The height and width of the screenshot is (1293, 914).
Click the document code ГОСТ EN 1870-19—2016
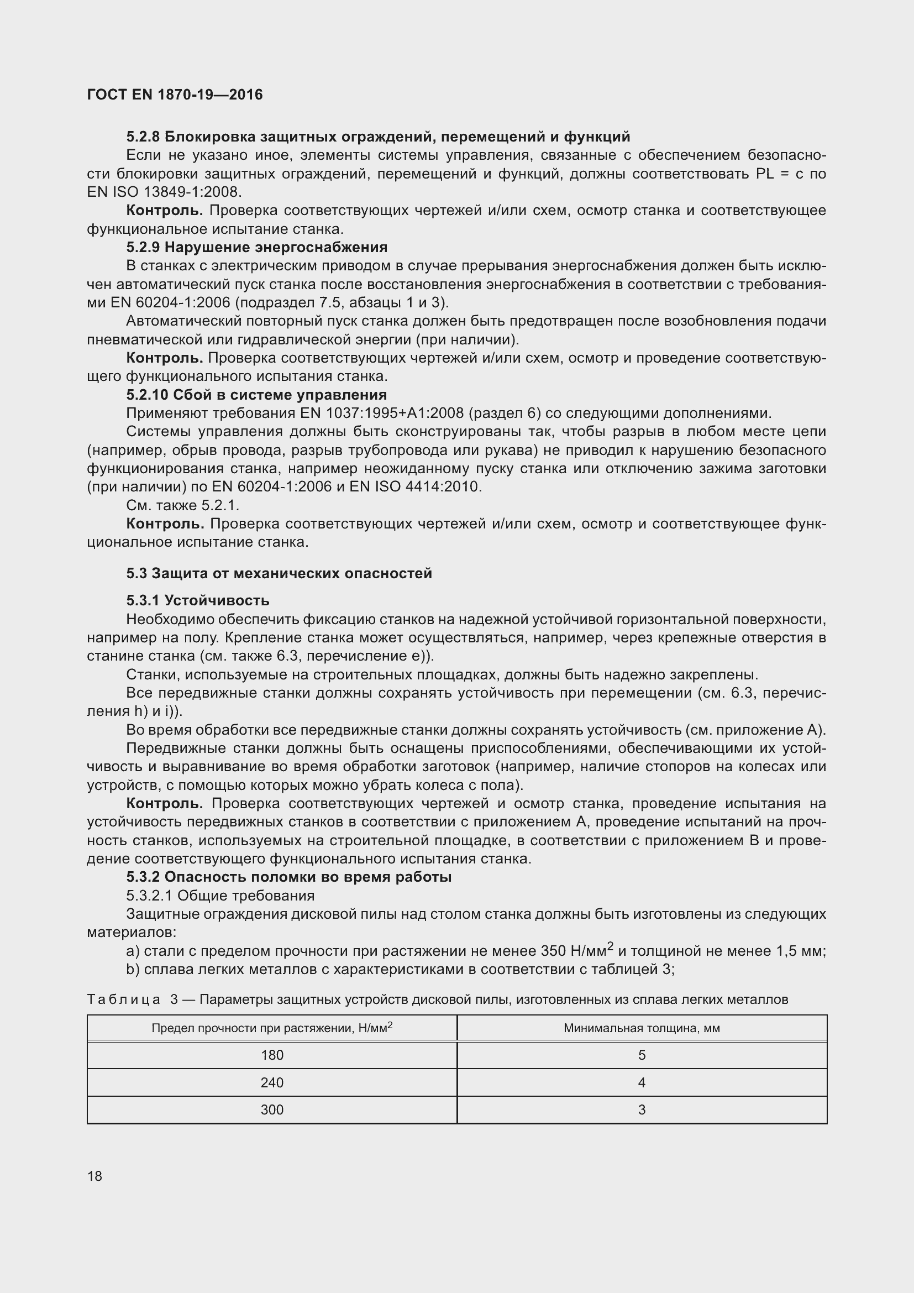[x=175, y=95]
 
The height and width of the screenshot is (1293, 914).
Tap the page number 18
[x=94, y=1176]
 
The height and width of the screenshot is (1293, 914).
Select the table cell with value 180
[x=272, y=1055]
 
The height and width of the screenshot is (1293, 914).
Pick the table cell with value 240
[x=272, y=1083]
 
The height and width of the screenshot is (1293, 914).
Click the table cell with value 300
[x=272, y=1110]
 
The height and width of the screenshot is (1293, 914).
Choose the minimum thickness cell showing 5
[x=642, y=1055]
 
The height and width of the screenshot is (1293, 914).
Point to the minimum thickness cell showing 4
[x=642, y=1083]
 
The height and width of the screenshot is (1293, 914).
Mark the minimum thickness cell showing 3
[x=642, y=1110]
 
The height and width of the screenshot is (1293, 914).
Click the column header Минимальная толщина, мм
[x=642, y=1028]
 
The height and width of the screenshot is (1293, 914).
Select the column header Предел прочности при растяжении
[x=272, y=1028]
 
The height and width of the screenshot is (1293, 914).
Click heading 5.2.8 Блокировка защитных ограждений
[x=377, y=137]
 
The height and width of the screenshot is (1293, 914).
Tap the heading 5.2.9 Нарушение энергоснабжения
[x=256, y=247]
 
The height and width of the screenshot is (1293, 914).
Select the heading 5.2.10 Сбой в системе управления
[x=256, y=395]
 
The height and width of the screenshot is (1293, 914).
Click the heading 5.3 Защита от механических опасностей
[x=279, y=573]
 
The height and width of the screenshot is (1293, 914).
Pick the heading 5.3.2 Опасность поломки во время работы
[x=288, y=877]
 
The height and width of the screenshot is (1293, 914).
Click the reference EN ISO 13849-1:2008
[x=164, y=192]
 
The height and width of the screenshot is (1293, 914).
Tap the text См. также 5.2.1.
[x=183, y=505]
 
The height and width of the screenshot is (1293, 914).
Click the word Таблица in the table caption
[x=123, y=999]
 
